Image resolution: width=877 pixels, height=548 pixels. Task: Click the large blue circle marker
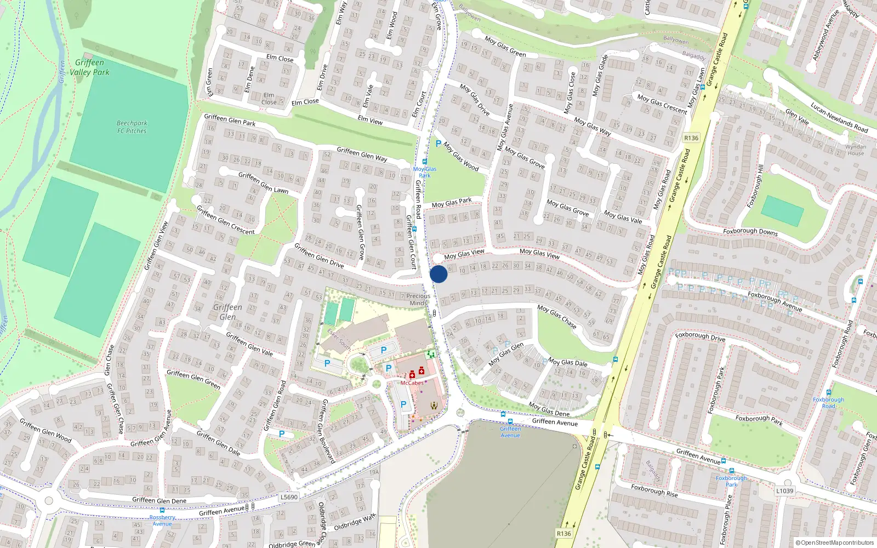pyautogui.click(x=438, y=274)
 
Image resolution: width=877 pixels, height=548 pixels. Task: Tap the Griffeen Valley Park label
pyautogui.click(x=90, y=67)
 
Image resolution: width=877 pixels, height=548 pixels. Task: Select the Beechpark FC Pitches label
pyautogui.click(x=132, y=127)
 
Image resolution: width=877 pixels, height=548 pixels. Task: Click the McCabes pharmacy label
pyautogui.click(x=412, y=383)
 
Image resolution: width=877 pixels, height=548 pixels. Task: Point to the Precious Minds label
pyautogui.click(x=418, y=299)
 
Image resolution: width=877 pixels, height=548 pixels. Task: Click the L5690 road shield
pyautogui.click(x=289, y=498)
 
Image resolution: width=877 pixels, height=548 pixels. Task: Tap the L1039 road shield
pyautogui.click(x=784, y=491)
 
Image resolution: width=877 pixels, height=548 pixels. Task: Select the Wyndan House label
pyautogui.click(x=856, y=150)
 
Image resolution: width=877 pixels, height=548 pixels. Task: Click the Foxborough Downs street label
pyautogui.click(x=750, y=231)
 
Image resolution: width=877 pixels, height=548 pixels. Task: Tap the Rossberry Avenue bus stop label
pyautogui.click(x=162, y=520)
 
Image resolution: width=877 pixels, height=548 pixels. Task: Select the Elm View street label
pyautogui.click(x=370, y=120)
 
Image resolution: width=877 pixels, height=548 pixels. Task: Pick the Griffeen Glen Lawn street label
pyautogui.click(x=263, y=182)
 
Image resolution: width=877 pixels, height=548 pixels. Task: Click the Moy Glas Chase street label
pyautogui.click(x=557, y=316)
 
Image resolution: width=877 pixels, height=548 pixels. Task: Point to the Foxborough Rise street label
pyautogui.click(x=654, y=490)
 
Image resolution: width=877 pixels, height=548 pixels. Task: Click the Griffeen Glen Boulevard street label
pyautogui.click(x=327, y=431)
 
